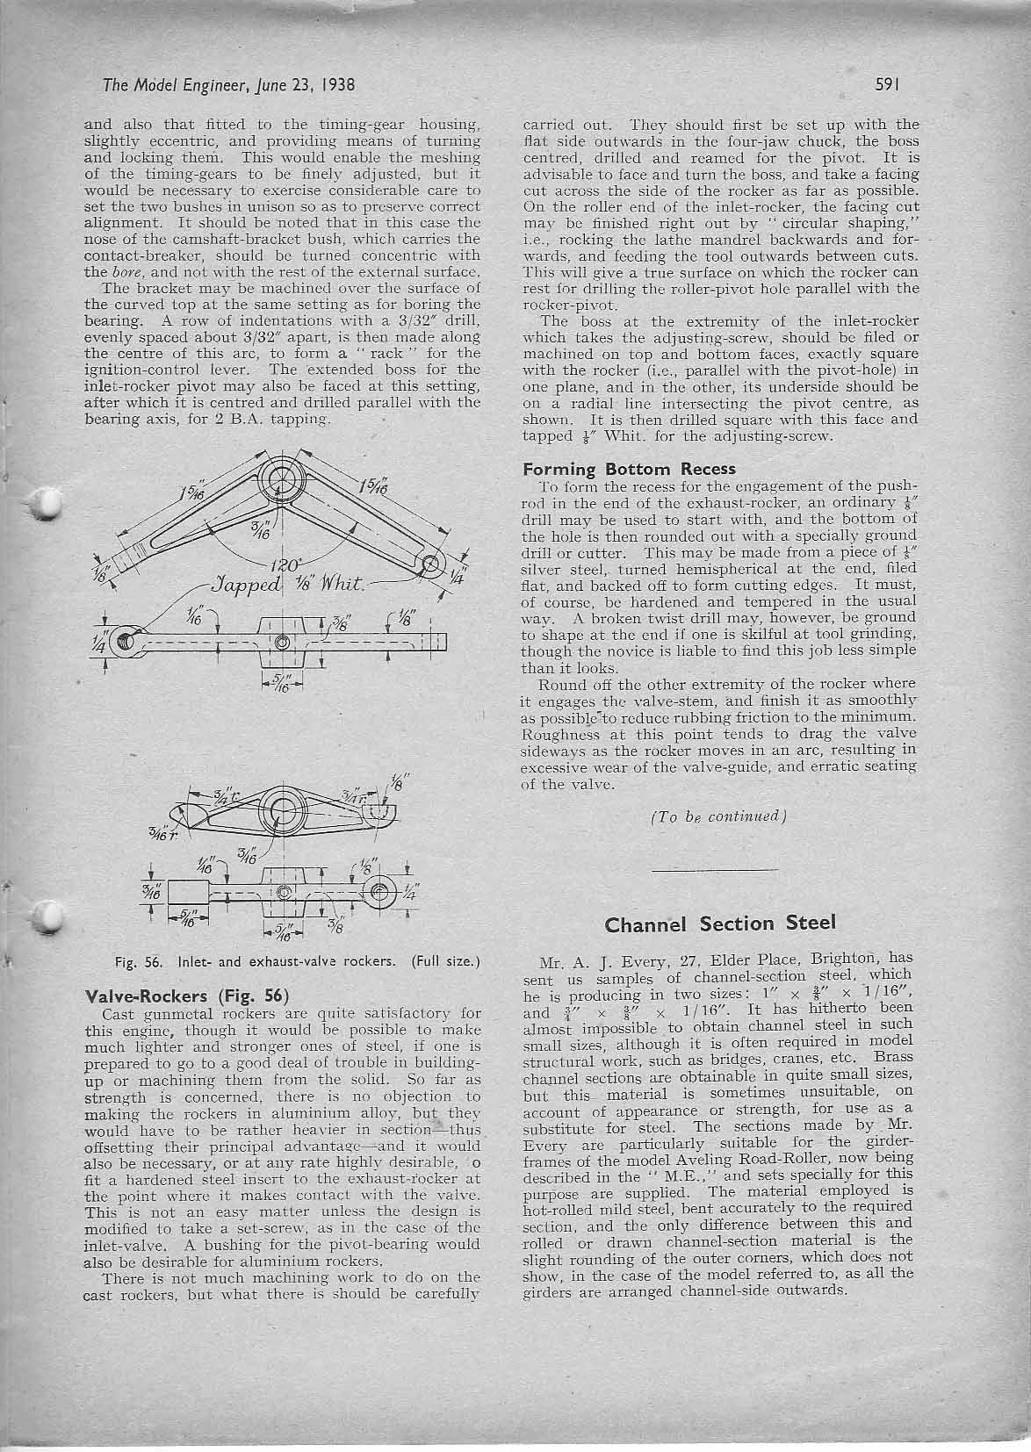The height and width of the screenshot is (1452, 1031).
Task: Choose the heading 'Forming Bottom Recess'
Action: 629,469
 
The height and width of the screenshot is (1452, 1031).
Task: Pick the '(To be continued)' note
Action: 717,816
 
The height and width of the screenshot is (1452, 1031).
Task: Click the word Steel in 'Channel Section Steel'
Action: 798,924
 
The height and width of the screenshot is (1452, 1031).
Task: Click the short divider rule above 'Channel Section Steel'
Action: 716,869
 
